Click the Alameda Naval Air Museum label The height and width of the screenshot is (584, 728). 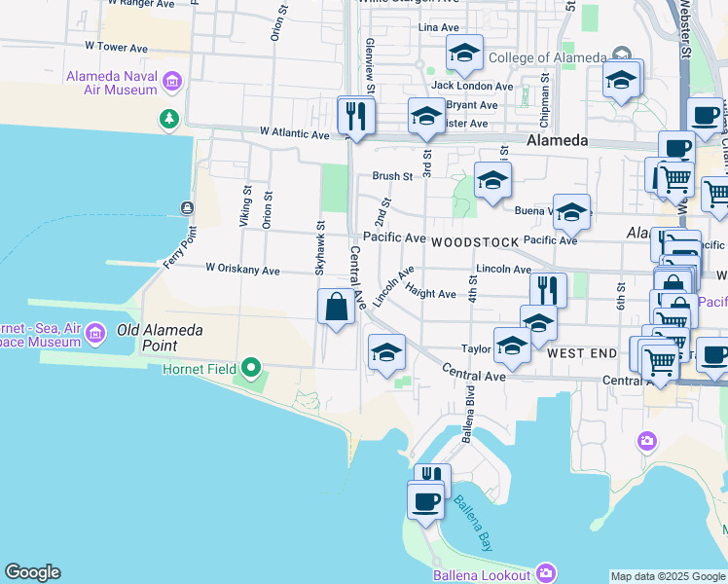coord(111,83)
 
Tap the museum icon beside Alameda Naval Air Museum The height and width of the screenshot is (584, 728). coord(173,80)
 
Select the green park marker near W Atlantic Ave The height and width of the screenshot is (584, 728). coord(170,119)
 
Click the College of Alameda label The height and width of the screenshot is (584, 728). coord(546,57)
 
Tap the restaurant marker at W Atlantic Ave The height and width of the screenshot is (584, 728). coord(356,116)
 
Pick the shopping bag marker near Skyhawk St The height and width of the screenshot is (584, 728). coord(336,308)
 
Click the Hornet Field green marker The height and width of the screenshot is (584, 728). coord(252,368)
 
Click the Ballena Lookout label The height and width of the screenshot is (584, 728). coord(481,574)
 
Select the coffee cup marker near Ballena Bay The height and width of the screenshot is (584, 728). coord(424,501)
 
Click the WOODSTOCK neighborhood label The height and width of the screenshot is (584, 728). coord(471,240)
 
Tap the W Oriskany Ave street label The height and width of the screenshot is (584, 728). coord(242,270)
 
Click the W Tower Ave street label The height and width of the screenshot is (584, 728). coord(116,46)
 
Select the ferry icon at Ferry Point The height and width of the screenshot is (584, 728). coord(186,207)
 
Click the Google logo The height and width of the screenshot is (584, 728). coord(32,572)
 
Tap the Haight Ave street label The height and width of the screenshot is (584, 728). coord(431,293)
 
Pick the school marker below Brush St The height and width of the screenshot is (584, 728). coord(492,180)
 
